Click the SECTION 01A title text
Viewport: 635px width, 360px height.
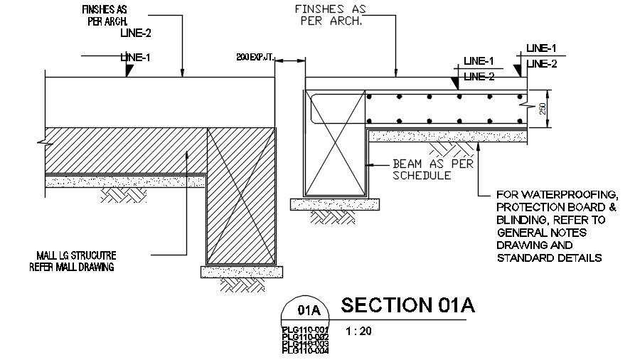(x=407, y=305)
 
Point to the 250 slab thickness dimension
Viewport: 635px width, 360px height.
(x=542, y=110)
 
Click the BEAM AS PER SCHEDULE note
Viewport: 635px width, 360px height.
(x=422, y=169)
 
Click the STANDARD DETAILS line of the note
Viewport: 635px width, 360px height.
(x=550, y=258)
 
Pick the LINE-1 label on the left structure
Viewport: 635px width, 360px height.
(x=136, y=57)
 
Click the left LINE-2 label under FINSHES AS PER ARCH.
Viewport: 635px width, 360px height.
(x=136, y=33)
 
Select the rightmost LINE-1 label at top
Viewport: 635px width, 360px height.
(x=541, y=48)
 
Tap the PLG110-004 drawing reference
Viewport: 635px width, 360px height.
(x=305, y=350)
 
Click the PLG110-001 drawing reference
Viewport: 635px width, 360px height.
(x=305, y=329)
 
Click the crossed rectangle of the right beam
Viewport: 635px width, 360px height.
(x=335, y=142)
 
